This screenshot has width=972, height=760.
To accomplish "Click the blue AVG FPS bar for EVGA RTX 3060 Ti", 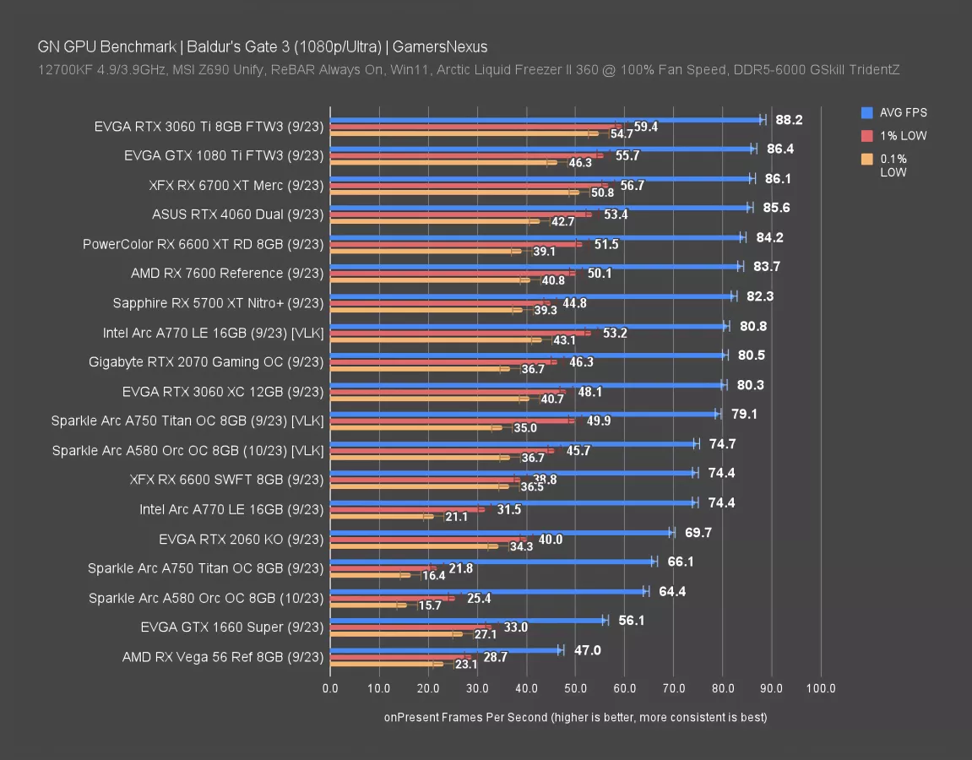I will [546, 119].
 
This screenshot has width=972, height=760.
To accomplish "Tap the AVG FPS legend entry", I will [903, 112].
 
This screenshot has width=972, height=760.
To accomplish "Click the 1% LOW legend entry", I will [902, 136].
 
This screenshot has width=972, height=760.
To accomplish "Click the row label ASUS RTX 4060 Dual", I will [237, 214].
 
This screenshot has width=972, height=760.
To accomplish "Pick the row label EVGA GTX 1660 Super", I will [232, 627].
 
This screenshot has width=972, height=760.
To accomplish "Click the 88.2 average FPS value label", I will [789, 120].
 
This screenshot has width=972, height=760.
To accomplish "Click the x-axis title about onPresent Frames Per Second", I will [575, 717].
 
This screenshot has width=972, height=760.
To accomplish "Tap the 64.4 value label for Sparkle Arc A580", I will [672, 591].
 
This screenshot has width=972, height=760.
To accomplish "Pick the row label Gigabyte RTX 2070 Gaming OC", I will [206, 362].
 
